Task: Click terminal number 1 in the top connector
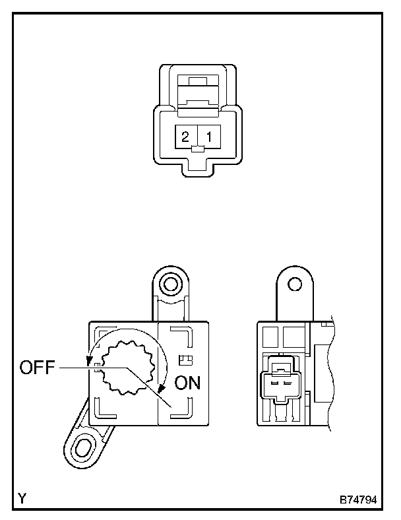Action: (x=209, y=137)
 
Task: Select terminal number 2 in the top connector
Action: (x=185, y=137)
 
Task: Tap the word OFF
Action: (x=37, y=368)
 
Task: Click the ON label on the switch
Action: (x=187, y=383)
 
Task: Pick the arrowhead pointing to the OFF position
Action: (x=89, y=361)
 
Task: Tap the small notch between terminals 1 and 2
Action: (x=197, y=150)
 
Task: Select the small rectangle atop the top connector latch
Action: (x=197, y=82)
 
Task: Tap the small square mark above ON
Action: (x=186, y=360)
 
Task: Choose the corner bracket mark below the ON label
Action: (x=181, y=408)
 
